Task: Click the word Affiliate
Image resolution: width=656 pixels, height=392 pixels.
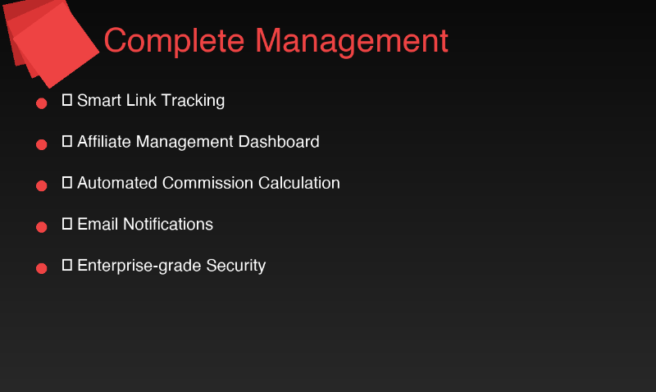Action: click(x=104, y=142)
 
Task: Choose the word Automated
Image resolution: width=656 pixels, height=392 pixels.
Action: click(x=117, y=183)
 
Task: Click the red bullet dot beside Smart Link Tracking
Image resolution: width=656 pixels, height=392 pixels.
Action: click(x=41, y=104)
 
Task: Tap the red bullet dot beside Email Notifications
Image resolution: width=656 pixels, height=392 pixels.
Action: click(x=41, y=227)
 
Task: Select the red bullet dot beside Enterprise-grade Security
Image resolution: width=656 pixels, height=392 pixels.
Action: click(x=41, y=268)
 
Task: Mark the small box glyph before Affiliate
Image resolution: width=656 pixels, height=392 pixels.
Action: click(x=67, y=141)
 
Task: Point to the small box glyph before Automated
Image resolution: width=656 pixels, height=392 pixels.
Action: click(x=67, y=182)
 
